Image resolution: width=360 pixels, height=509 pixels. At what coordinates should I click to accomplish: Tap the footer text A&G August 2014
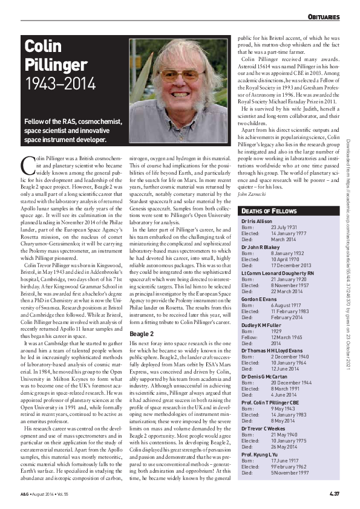[x=45, y=496]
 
